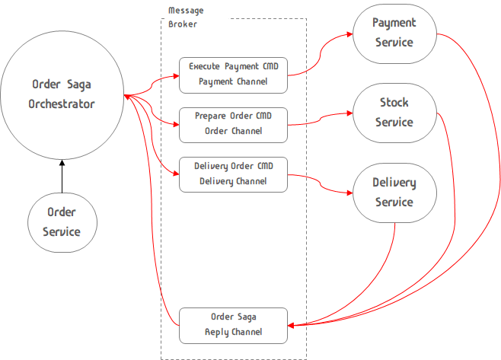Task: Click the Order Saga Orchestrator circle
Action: [x=63, y=94]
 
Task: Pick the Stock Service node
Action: [x=394, y=112]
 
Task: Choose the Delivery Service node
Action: [x=394, y=193]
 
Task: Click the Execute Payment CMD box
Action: [x=233, y=74]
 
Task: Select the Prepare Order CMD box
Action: [x=233, y=123]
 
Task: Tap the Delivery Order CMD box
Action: [x=233, y=174]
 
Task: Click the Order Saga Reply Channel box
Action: [x=233, y=325]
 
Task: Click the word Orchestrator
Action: [x=63, y=104]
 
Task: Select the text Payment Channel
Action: [x=233, y=81]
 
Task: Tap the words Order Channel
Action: [x=233, y=131]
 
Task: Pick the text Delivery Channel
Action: [x=233, y=181]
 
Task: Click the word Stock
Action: [x=394, y=103]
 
